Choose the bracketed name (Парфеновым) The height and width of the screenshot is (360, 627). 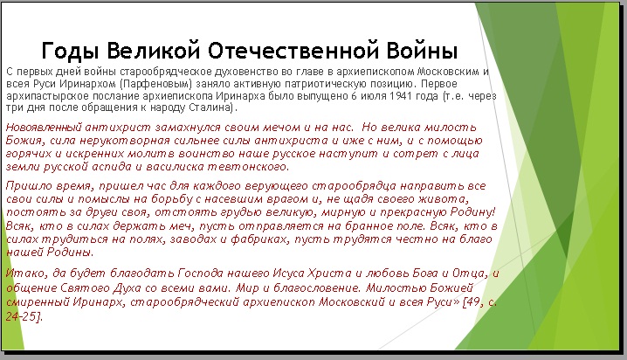click(x=155, y=84)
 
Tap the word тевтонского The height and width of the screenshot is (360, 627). click(x=248, y=167)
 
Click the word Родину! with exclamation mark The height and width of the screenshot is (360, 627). click(x=473, y=212)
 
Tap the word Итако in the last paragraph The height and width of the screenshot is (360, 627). click(x=26, y=273)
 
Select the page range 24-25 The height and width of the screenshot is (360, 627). click(x=22, y=316)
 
